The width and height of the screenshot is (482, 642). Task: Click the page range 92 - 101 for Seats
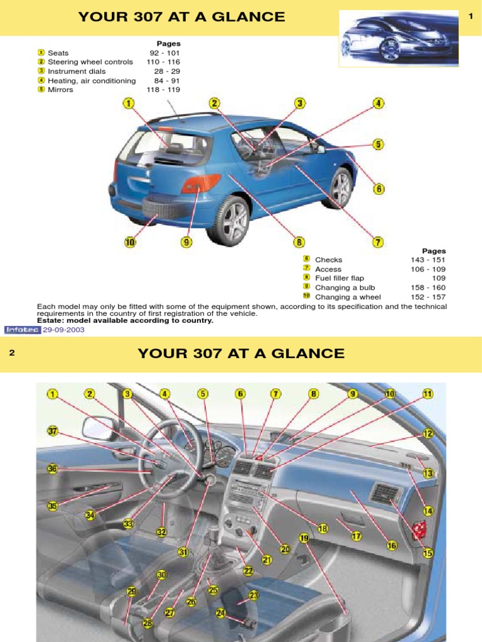pos(164,53)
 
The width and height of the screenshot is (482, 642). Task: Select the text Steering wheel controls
pos(90,62)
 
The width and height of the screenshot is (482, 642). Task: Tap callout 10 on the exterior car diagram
pos(130,242)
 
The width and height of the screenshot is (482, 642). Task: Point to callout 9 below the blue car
pos(186,242)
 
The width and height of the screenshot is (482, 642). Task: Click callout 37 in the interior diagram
pos(53,430)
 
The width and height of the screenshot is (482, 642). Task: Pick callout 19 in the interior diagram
pos(304,538)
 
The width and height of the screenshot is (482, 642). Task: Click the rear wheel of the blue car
pos(229,221)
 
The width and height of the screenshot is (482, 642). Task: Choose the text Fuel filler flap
pos(339,278)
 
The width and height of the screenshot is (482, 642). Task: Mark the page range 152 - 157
pos(429,297)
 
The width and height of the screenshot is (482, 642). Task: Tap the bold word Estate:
pos(52,320)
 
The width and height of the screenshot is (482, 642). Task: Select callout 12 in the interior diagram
pos(428,433)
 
